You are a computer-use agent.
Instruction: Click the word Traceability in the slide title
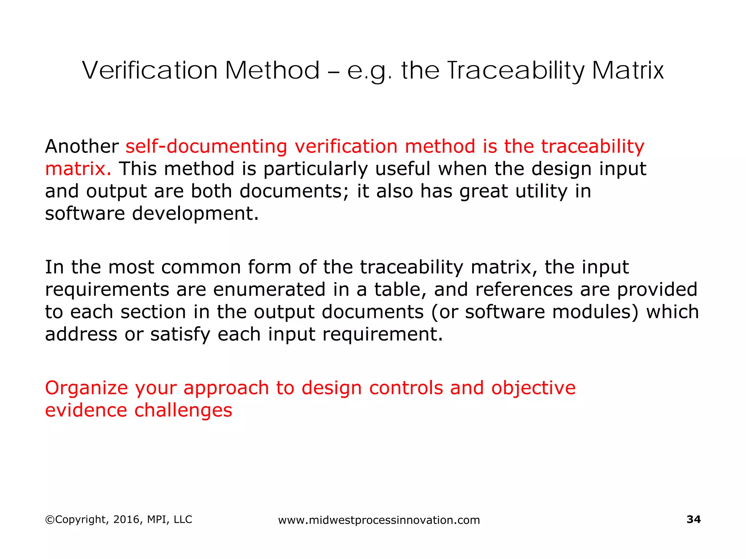pyautogui.click(x=515, y=71)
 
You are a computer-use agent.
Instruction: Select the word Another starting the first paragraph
pyautogui.click(x=82, y=146)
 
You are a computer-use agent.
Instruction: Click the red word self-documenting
pyautogui.click(x=206, y=146)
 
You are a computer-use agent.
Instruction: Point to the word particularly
pyautogui.click(x=315, y=169)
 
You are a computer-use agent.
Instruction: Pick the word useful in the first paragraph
pyautogui.click(x=403, y=169)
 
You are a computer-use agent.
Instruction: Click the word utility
pyautogui.click(x=541, y=191)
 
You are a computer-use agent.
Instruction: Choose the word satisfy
pyautogui.click(x=180, y=335)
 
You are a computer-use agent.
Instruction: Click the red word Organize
pyautogui.click(x=86, y=388)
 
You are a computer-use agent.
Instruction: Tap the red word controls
pyautogui.click(x=406, y=388)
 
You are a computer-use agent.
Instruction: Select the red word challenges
pyautogui.click(x=183, y=411)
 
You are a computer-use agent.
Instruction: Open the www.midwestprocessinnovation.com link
pyautogui.click(x=379, y=520)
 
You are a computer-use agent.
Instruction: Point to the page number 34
pyautogui.click(x=694, y=519)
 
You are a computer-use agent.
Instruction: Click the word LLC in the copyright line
pyautogui.click(x=183, y=519)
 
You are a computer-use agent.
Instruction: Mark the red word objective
pyautogui.click(x=533, y=388)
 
